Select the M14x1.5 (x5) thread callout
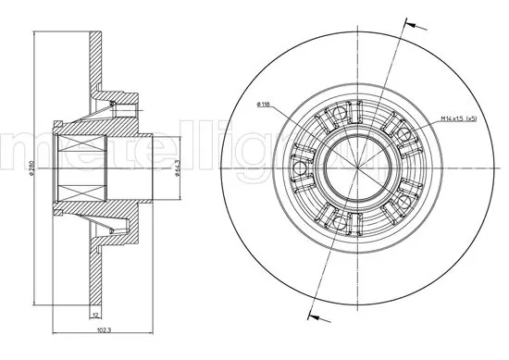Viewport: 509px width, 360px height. [x=457, y=118]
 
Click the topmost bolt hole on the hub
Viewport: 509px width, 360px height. [x=339, y=114]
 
